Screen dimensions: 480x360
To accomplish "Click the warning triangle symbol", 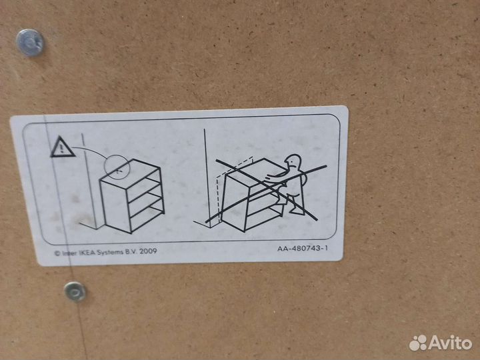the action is [x=62, y=147].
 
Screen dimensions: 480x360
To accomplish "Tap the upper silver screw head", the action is [x=30, y=43].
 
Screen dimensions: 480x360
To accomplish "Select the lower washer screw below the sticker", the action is [x=75, y=291].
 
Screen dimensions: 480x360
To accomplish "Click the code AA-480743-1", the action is [x=303, y=248].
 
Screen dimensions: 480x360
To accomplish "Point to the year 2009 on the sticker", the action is [x=148, y=251].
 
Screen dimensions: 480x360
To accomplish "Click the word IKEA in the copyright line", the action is [x=87, y=253].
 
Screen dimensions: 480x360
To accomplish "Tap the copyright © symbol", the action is [x=57, y=253].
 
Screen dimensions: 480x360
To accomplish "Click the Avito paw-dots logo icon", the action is [x=418, y=343].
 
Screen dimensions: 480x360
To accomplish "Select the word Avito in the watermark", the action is [x=450, y=343].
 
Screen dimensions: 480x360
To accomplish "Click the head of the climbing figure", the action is [x=293, y=162].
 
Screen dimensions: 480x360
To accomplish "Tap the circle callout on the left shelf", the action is [x=117, y=167].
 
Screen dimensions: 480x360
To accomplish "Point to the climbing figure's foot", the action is [x=297, y=211].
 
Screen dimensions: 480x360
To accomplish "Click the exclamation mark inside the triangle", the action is [x=62, y=149].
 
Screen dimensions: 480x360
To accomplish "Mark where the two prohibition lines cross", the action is [x=267, y=187].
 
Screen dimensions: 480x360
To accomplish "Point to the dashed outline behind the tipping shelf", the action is [x=218, y=196].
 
